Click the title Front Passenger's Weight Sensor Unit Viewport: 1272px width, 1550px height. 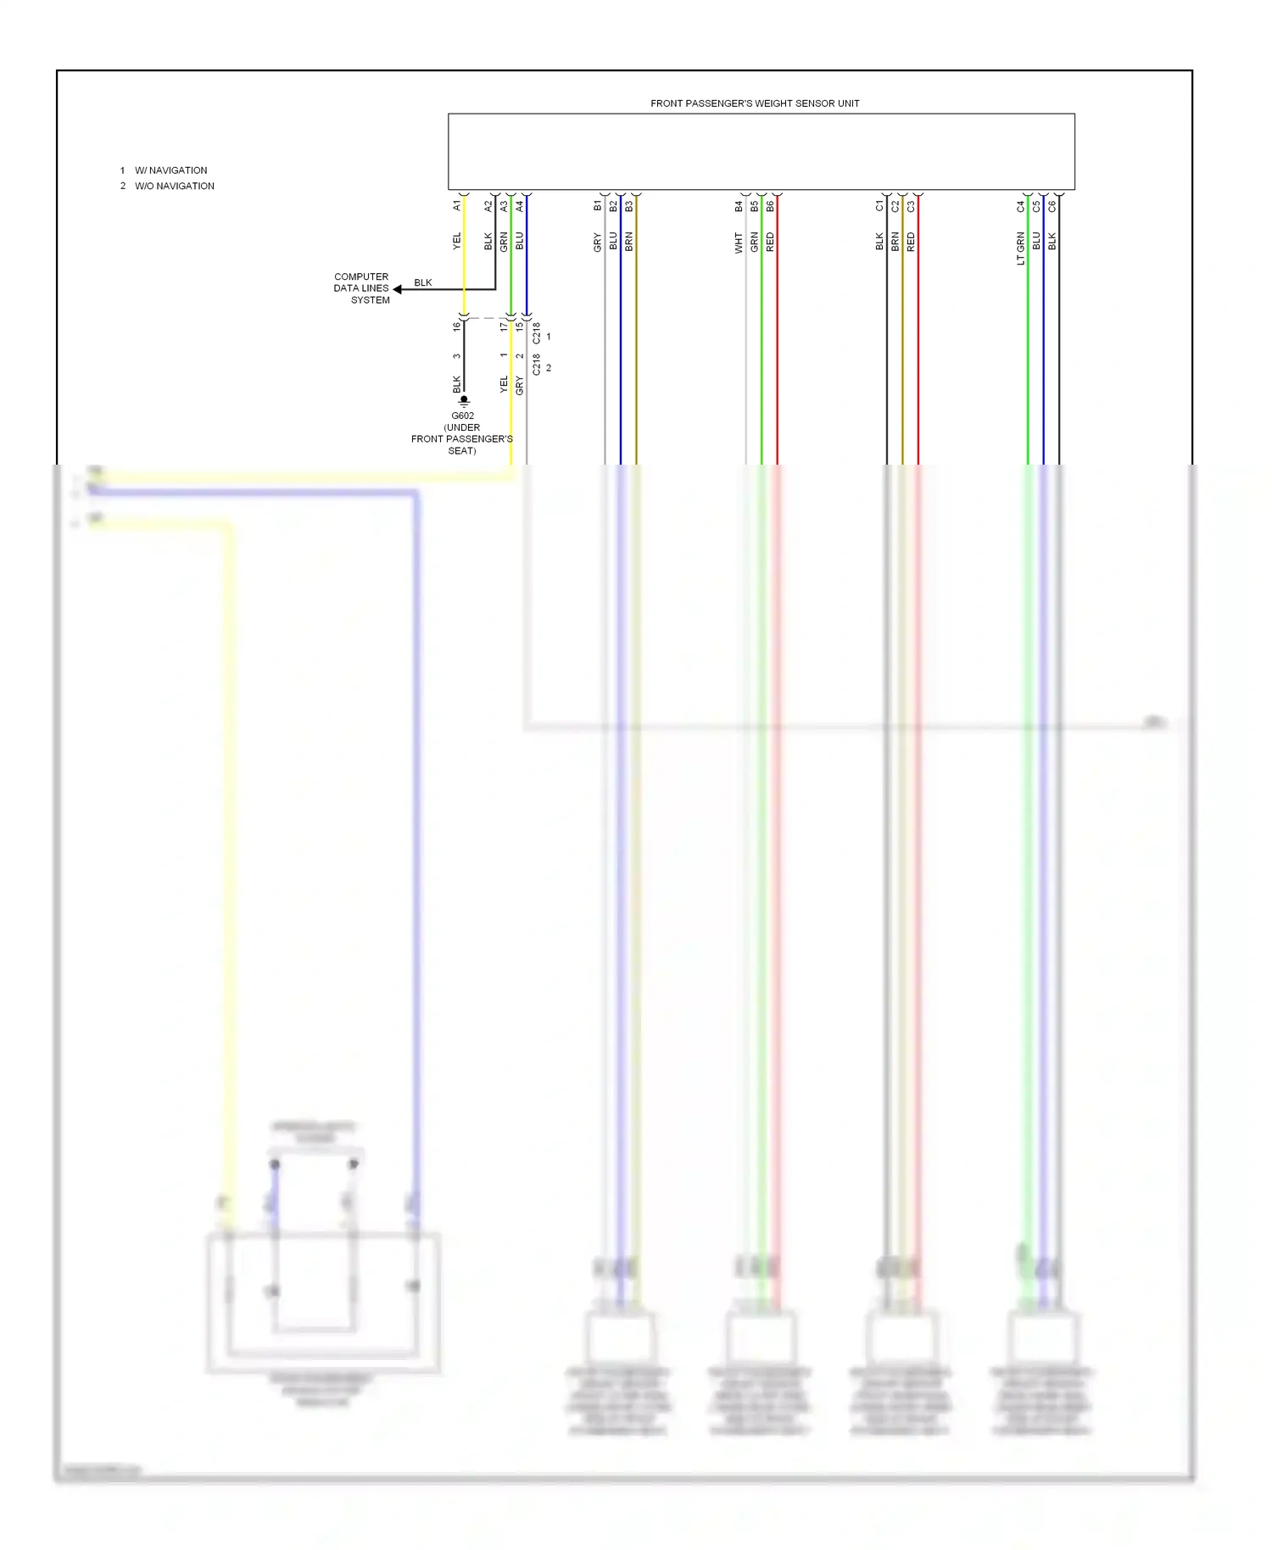pos(754,103)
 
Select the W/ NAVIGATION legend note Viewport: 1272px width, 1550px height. pos(170,170)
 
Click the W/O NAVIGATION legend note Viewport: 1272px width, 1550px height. pos(174,186)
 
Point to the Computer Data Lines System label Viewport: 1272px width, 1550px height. pos(362,288)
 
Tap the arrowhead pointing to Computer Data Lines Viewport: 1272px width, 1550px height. pos(398,289)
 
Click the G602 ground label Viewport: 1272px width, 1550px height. pos(462,416)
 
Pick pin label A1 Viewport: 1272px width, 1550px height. pos(457,205)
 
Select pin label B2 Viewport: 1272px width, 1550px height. pos(613,205)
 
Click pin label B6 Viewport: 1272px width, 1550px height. pos(770,205)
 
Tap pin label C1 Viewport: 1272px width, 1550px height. pos(879,205)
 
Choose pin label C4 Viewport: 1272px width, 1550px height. pos(1020,205)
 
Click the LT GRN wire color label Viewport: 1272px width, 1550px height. pos(1020,248)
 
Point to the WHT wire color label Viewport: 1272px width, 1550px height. pos(739,243)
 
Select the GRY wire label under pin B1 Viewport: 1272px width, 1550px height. pos(597,243)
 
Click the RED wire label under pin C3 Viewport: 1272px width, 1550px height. pos(911,243)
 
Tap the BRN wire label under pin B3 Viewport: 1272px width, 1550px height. pos(628,243)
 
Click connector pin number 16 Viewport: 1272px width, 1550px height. pos(456,326)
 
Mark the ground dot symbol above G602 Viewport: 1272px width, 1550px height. pos(464,399)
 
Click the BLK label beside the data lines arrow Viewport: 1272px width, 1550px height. pos(422,282)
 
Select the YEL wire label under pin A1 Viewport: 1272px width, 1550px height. pos(457,241)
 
